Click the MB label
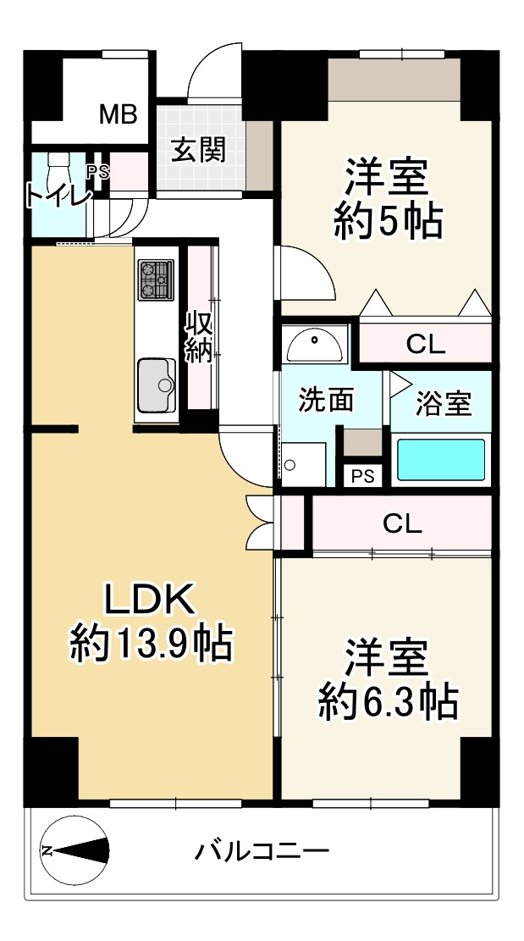118,113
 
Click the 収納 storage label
199,337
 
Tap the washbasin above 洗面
314,343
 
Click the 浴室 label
443,403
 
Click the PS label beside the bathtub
363,476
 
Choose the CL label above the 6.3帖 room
402,523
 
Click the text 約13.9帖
151,645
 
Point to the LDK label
150,601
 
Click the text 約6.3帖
389,701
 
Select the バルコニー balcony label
263,850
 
